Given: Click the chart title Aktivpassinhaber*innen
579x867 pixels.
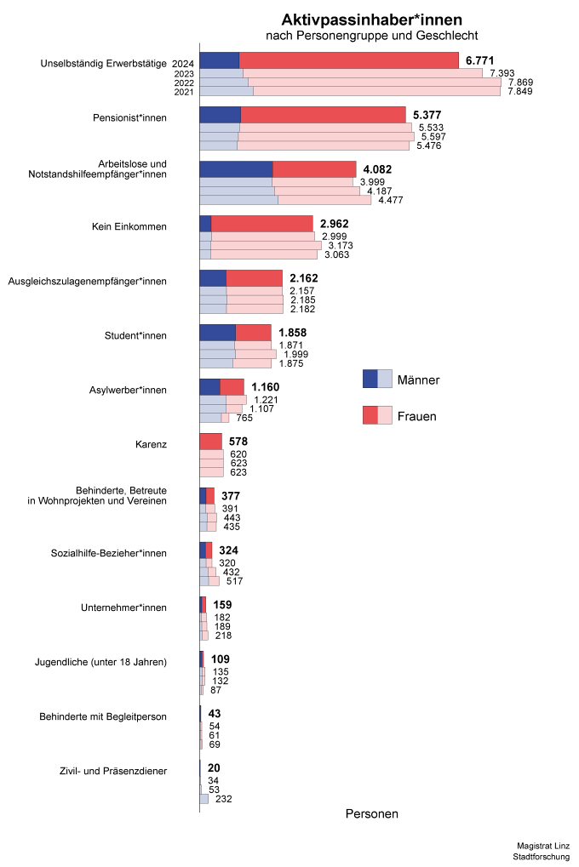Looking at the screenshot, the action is [x=371, y=20].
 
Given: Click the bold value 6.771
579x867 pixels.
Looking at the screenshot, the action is [x=479, y=60].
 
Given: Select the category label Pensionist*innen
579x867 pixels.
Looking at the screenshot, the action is [x=129, y=117].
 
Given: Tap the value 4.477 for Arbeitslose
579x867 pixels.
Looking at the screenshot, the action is [x=391, y=200].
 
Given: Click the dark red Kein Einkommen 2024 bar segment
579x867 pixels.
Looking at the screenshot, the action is [x=261, y=224].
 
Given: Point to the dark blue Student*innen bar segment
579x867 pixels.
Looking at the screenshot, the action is [x=217, y=333].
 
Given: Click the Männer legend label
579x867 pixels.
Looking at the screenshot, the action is [x=418, y=379].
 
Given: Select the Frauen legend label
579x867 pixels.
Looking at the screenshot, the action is [x=417, y=416].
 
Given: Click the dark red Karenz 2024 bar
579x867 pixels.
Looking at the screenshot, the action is [x=211, y=442].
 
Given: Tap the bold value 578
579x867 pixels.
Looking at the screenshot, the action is [x=238, y=442].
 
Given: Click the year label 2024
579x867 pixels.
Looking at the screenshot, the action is [x=183, y=64].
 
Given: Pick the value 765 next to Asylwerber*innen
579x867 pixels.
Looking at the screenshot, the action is [x=244, y=418].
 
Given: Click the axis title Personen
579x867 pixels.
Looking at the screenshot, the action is [x=372, y=814].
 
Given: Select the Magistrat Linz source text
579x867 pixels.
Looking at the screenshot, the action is [x=543, y=846].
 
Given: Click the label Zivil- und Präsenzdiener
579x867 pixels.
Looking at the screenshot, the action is [x=113, y=771].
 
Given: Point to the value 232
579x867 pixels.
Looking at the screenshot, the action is [x=224, y=799].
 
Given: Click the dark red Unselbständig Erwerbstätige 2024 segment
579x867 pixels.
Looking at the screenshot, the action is [x=349, y=60].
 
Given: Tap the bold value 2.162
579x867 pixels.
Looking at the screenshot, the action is [x=304, y=278].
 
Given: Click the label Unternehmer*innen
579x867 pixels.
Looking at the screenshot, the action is [x=123, y=607].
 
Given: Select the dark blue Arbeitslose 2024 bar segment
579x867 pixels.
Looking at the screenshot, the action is [x=237, y=169].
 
